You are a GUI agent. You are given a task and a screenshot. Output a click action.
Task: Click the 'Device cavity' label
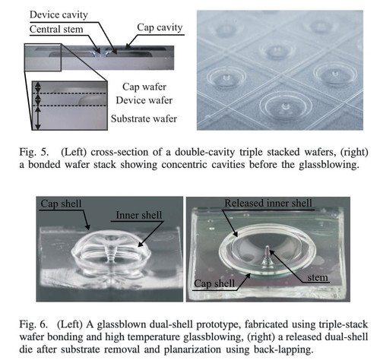click(x=59, y=15)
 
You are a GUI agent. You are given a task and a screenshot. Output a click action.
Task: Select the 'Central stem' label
click(x=56, y=30)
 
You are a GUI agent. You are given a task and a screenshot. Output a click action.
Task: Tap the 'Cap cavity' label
click(x=160, y=27)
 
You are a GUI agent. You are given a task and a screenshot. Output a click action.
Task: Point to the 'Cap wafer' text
click(x=144, y=87)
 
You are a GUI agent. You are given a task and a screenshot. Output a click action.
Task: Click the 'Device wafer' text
click(x=144, y=100)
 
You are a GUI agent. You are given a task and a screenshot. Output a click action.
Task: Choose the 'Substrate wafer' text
click(x=144, y=118)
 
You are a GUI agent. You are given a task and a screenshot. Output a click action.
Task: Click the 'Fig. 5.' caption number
click(x=33, y=152)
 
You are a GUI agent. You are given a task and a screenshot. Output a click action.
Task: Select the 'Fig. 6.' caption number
click(x=33, y=324)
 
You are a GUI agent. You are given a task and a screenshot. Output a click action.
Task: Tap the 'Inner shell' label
click(x=139, y=215)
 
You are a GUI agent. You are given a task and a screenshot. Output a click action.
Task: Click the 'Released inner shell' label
click(x=268, y=203)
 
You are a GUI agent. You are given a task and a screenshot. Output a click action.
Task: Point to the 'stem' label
click(x=318, y=277)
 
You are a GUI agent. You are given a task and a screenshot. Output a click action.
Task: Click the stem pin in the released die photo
click(x=267, y=253)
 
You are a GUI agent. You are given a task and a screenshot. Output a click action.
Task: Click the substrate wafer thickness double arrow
click(x=38, y=118)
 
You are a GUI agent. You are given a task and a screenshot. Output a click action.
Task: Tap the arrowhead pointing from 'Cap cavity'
click(x=128, y=46)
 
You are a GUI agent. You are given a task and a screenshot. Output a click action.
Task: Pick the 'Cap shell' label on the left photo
click(x=61, y=204)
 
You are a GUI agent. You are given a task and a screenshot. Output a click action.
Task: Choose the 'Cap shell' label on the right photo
click(x=214, y=283)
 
